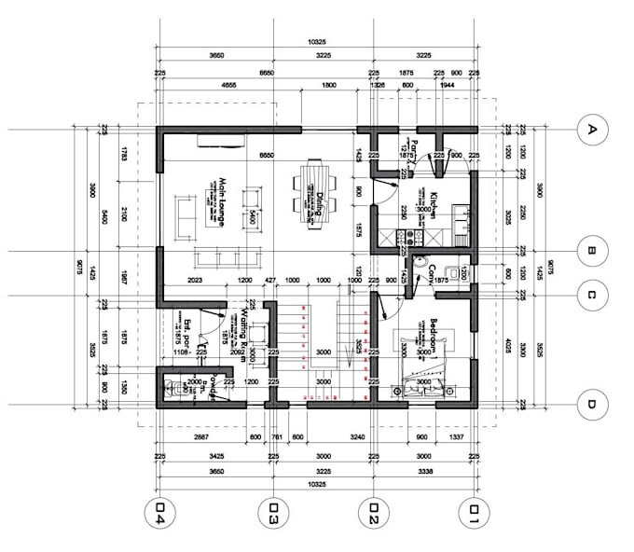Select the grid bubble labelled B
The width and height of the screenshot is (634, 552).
[x=589, y=249]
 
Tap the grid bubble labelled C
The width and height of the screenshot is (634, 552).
[x=589, y=297]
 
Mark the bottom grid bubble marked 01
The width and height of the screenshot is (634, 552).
[x=475, y=511]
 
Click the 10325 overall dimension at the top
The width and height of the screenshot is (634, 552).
[x=315, y=43]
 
